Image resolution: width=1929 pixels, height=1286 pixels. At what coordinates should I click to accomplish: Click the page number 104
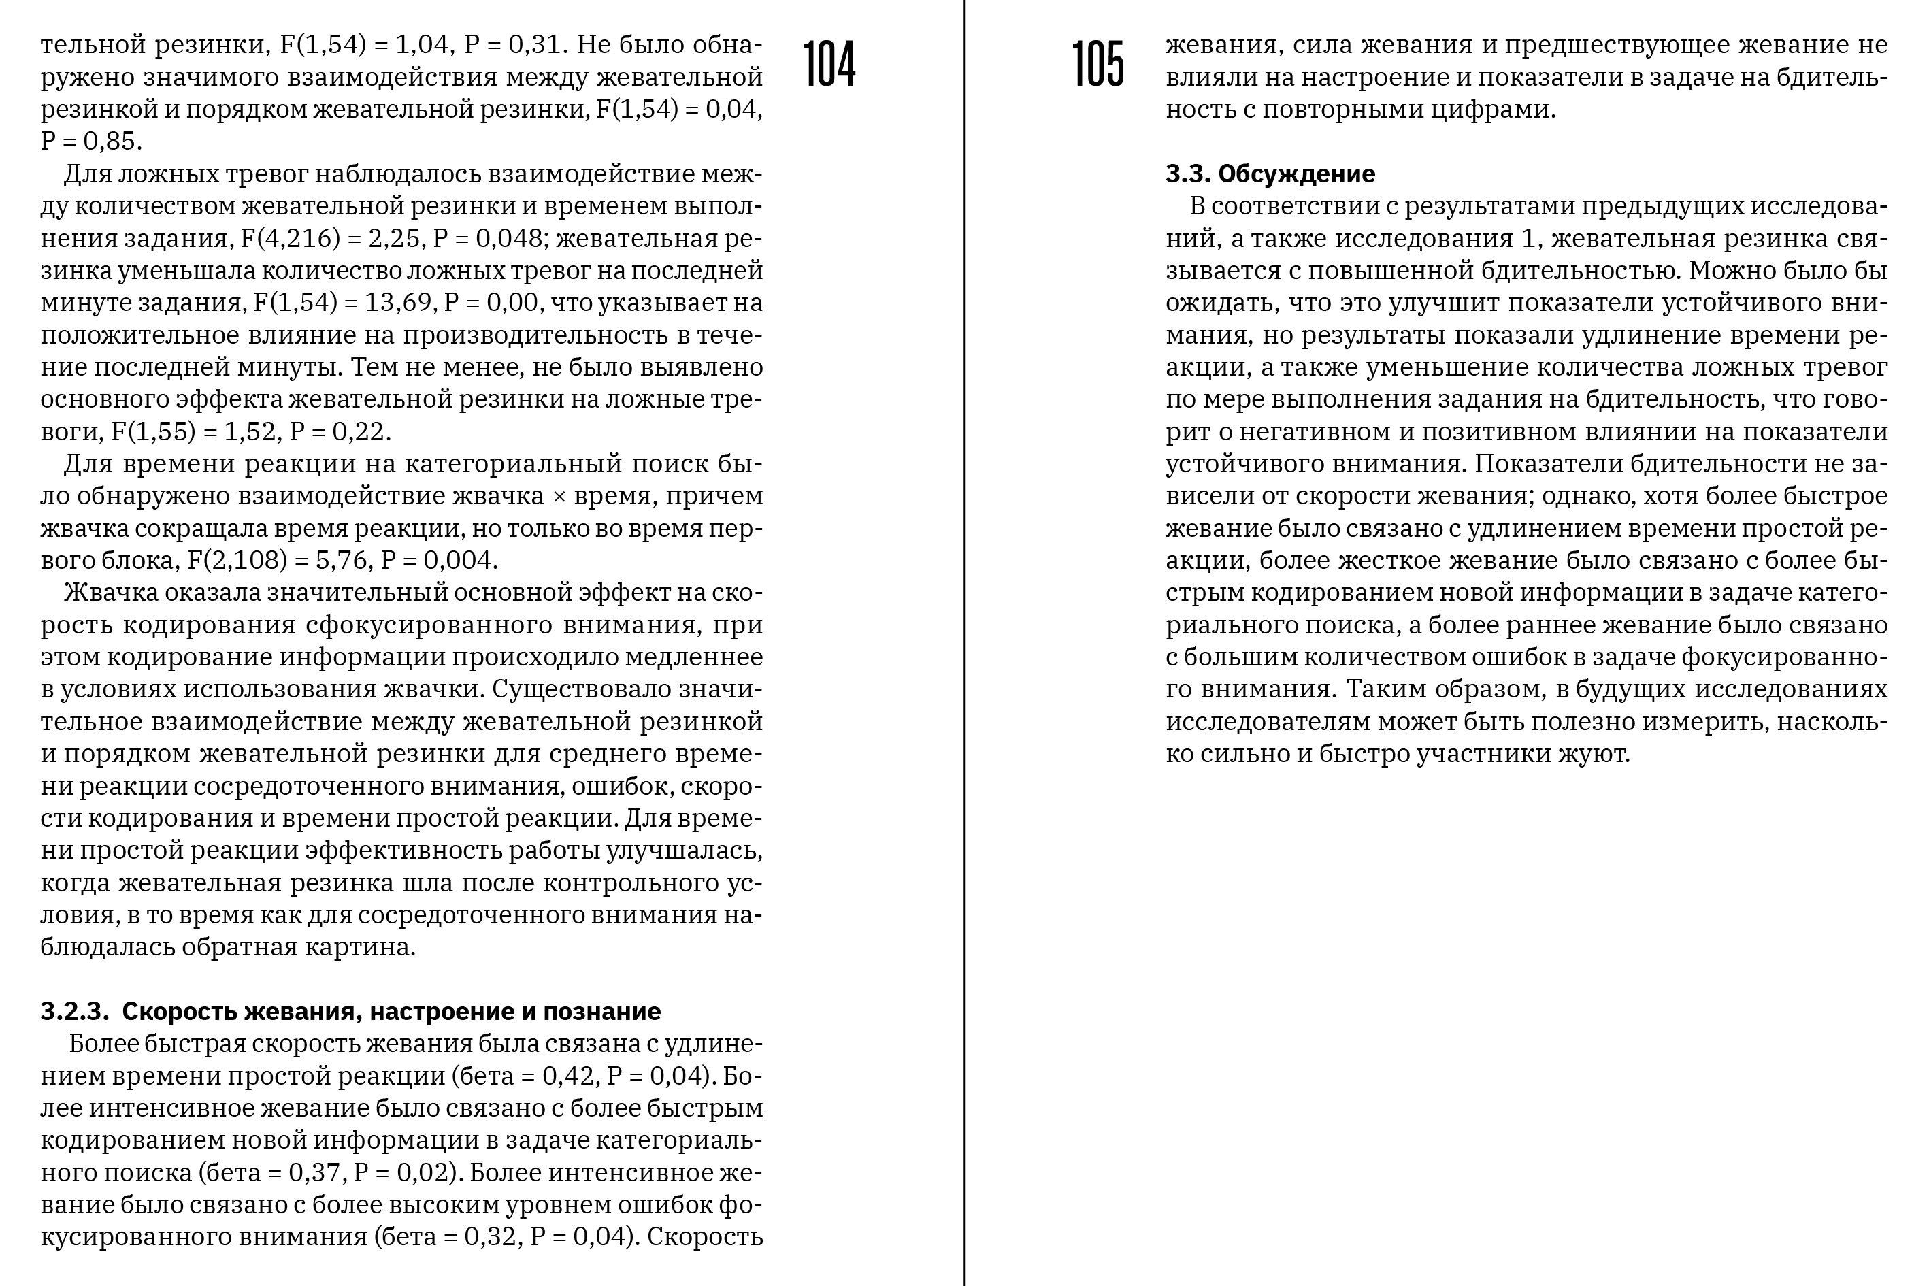tap(829, 65)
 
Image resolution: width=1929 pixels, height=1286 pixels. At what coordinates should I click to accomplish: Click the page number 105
tap(1098, 65)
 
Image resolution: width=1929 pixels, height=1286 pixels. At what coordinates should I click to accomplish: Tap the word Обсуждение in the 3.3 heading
tap(1297, 174)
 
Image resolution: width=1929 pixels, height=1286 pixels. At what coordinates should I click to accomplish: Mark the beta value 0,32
tap(492, 1237)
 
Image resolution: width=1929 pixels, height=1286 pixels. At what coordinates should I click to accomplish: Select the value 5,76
tap(342, 561)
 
